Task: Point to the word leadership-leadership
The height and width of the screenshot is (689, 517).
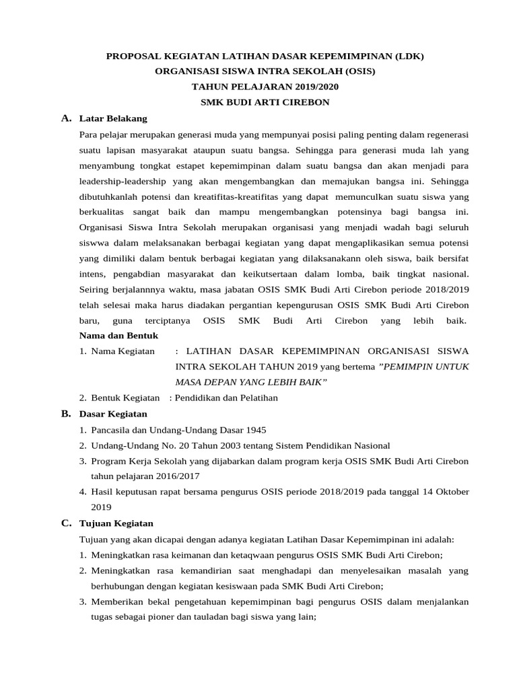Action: (x=124, y=181)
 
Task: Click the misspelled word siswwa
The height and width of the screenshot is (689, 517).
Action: (x=94, y=243)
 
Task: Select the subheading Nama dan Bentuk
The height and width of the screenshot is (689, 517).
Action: (x=118, y=335)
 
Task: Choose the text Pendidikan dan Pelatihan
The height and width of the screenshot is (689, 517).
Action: (x=227, y=398)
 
